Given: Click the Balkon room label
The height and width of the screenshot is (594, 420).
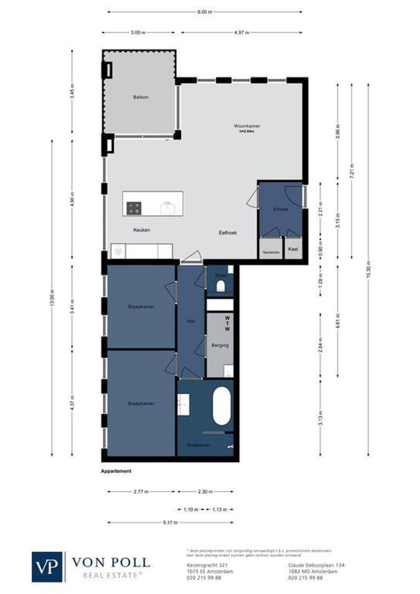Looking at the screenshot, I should point(141,97).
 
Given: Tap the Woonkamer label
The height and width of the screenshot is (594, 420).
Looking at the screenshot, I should point(247,126).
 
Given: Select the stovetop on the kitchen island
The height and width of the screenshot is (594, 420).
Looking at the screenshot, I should point(134,208).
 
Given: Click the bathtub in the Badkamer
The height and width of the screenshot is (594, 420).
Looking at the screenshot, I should point(222,406).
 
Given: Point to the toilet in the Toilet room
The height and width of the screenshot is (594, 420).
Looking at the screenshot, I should point(220,286).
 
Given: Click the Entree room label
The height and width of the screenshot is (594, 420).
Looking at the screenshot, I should point(280,210).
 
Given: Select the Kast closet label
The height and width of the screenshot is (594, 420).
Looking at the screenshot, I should point(293,249).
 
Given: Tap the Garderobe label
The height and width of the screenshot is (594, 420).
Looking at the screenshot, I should point(271,252).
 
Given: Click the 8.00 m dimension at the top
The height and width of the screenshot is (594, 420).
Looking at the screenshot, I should point(205,12).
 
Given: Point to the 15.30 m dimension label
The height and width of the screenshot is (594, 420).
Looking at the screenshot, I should point(368,269).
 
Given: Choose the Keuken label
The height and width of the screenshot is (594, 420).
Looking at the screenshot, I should point(141,230).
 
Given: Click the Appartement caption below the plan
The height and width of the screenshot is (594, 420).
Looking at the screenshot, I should point(116,471).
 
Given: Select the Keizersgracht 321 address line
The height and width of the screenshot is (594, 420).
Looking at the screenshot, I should point(201,565).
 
